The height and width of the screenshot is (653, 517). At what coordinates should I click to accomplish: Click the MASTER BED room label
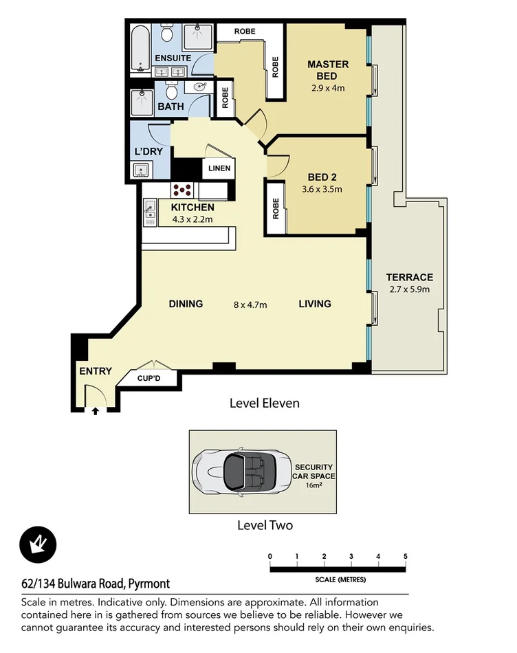[x=327, y=69]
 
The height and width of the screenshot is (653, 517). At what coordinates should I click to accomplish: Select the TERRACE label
[x=409, y=277]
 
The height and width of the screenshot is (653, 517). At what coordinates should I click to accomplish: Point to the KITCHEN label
[x=192, y=207]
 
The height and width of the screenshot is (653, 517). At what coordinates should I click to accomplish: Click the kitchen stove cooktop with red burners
[x=184, y=190]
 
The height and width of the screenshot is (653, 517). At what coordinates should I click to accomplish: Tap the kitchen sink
[x=149, y=211]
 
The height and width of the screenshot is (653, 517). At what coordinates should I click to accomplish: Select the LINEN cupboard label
[x=219, y=168]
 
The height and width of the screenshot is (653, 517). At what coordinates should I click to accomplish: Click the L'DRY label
[x=148, y=152]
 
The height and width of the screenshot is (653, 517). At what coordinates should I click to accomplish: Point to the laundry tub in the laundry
[x=143, y=170]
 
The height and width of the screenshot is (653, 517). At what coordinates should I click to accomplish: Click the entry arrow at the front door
[x=95, y=411]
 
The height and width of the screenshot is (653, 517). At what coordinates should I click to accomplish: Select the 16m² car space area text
[x=313, y=485]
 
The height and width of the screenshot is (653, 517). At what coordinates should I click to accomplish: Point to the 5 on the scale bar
[x=406, y=556]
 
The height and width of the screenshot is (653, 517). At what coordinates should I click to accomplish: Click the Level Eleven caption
[x=264, y=403]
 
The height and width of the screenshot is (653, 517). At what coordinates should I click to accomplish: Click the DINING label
[x=186, y=304]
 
